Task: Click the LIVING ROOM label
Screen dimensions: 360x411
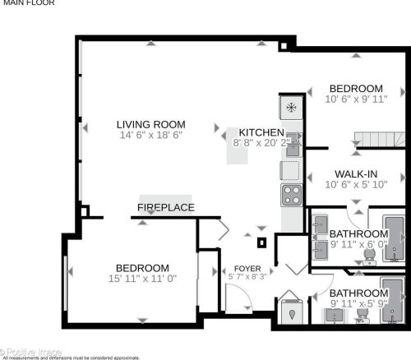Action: (x=150, y=125)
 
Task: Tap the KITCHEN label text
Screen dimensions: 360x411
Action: (x=261, y=132)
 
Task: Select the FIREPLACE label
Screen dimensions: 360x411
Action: (x=166, y=207)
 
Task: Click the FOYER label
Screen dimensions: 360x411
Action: (x=247, y=269)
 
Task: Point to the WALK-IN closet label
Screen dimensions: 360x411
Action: (x=356, y=174)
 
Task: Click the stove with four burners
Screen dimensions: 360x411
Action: (x=292, y=195)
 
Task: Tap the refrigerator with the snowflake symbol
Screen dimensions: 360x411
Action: (x=290, y=107)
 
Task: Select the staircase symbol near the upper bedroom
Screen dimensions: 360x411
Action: (x=379, y=141)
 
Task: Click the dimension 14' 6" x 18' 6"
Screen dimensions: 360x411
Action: (x=150, y=136)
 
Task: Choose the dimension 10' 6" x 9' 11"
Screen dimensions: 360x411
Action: (x=356, y=100)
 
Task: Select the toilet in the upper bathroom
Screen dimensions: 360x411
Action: (x=370, y=256)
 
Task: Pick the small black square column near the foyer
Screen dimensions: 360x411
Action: (x=262, y=242)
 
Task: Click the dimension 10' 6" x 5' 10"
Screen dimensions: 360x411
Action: (x=356, y=185)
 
